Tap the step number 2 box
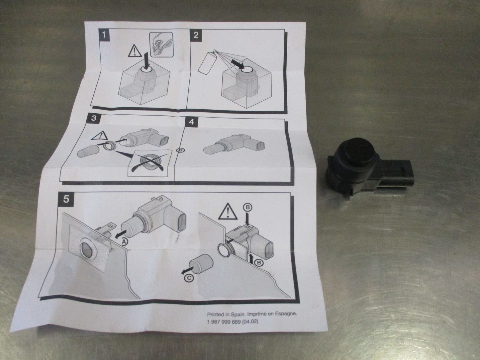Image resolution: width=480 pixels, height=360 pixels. tap(196, 35)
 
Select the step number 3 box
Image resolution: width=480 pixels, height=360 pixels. tap(94, 118)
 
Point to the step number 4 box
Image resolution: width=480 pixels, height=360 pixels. tap(191, 122)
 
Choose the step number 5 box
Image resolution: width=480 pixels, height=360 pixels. tap(66, 199)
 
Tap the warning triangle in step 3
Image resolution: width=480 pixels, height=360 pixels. tap(100, 136)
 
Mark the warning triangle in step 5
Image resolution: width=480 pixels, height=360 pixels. tap(228, 211)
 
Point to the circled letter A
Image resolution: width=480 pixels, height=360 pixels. tap(124, 242)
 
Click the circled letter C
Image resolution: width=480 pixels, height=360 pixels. tap(189, 278)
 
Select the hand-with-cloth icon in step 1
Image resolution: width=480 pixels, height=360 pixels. tap(161, 45)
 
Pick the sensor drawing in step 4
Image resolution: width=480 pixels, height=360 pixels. tap(234, 143)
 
